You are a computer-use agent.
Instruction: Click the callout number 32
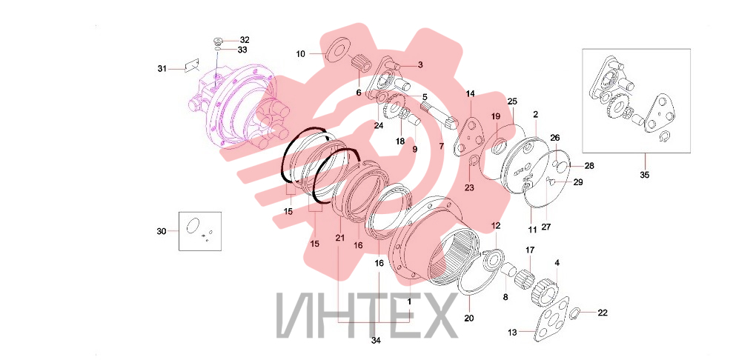click(245, 39)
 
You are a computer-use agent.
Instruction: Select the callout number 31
click(162, 69)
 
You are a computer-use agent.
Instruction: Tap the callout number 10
click(300, 54)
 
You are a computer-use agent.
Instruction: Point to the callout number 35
click(645, 175)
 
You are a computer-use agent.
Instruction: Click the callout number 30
click(162, 231)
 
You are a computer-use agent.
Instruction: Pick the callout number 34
click(376, 341)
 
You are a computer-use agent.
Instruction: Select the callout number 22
click(603, 313)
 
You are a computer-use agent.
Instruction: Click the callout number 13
click(512, 333)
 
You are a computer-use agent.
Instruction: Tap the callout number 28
click(589, 166)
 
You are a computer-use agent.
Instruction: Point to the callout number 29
click(578, 182)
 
